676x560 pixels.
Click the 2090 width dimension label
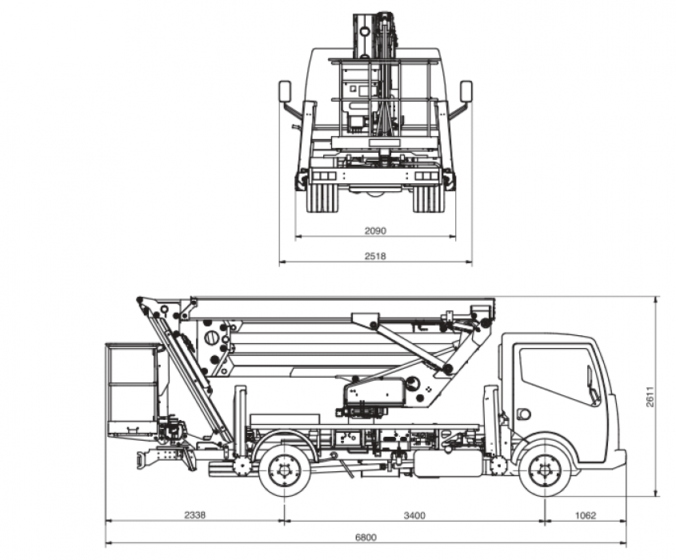(x=375, y=230)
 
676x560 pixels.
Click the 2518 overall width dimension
(x=375, y=256)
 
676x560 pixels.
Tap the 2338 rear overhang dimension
(x=195, y=514)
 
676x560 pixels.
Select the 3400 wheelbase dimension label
(x=414, y=515)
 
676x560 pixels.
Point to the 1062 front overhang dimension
(x=586, y=515)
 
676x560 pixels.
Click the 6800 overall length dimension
(x=366, y=537)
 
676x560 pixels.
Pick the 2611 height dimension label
(x=650, y=397)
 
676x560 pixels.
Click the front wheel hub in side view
(x=545, y=470)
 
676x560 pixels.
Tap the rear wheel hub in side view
(x=285, y=470)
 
